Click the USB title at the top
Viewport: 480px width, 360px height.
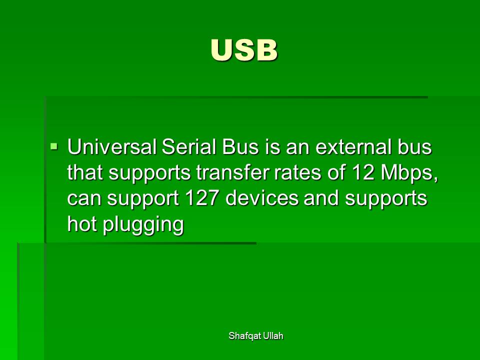pyautogui.click(x=244, y=50)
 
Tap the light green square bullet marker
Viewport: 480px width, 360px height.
pyautogui.click(x=54, y=146)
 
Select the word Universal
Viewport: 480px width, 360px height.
pyautogui.click(x=111, y=147)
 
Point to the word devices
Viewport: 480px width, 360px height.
pyautogui.click(x=261, y=198)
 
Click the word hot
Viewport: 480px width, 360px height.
pyautogui.click(x=82, y=224)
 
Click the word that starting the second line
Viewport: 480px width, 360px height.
pyautogui.click(x=85, y=172)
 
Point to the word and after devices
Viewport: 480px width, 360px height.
pyautogui.click(x=321, y=198)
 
